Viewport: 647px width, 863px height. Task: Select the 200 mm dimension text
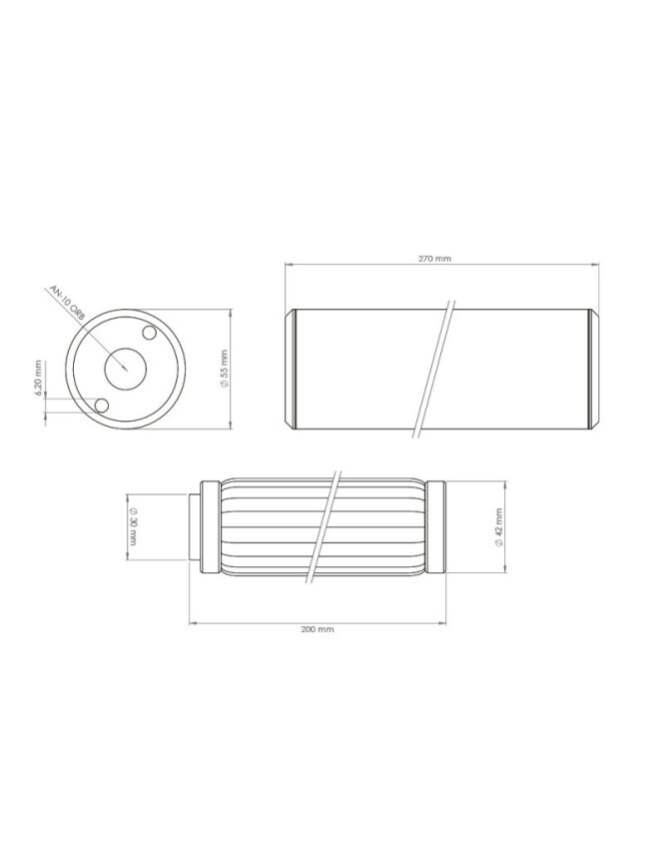[318, 629]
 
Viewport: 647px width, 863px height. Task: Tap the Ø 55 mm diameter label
[224, 369]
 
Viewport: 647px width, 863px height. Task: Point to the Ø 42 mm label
[499, 526]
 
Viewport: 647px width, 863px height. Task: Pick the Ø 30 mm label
[132, 526]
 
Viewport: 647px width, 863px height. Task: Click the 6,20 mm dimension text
[38, 378]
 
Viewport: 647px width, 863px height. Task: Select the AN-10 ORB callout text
[67, 304]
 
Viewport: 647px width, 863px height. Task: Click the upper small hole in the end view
[149, 333]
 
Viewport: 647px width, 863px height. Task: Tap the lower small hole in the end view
[101, 407]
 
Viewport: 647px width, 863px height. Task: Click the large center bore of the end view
[126, 370]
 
